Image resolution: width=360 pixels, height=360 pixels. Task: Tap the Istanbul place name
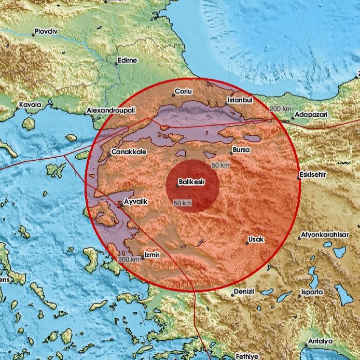pos(240,100)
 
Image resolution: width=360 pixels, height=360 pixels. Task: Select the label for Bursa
pos(241,150)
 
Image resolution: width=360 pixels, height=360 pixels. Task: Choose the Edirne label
pos(127,60)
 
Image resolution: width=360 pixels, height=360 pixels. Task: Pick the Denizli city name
pos(244,292)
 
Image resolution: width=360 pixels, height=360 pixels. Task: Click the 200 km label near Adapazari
pos(281,108)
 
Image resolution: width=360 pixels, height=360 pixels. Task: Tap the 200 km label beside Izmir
pos(128,259)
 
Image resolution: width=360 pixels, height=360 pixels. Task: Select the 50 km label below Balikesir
pos(183,203)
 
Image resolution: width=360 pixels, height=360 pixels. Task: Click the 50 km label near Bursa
pos(221,164)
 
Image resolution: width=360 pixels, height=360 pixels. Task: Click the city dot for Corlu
pos(173,95)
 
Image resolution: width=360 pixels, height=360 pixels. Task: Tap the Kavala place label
pos(30,105)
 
